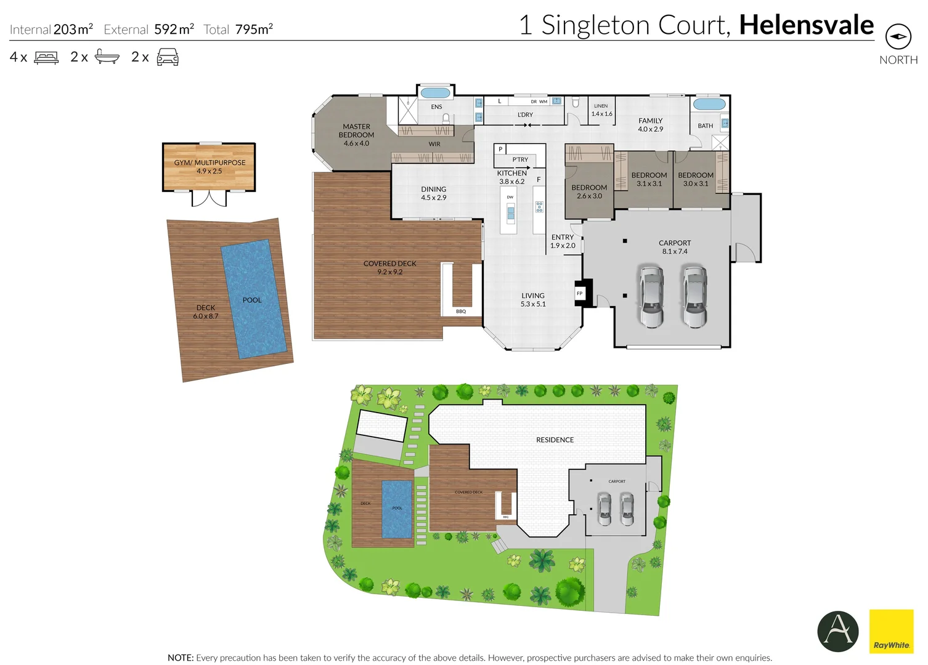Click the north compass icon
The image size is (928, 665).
(x=898, y=37)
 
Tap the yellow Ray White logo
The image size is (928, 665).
(x=891, y=631)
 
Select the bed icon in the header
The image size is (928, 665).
(x=46, y=58)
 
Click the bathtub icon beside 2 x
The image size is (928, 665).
(x=107, y=57)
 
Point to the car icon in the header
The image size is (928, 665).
(x=168, y=57)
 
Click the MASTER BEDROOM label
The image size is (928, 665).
(x=356, y=135)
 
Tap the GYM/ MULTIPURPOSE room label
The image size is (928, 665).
(x=210, y=167)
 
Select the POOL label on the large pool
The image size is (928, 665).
(x=252, y=300)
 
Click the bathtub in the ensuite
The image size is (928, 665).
(x=435, y=93)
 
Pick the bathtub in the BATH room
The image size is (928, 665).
(x=709, y=104)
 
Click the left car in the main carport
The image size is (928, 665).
(x=651, y=296)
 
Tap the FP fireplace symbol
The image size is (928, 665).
(x=580, y=294)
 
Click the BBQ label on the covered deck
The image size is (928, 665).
(x=461, y=312)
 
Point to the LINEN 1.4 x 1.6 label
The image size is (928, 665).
(x=601, y=110)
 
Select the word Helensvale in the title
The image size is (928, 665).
(x=806, y=25)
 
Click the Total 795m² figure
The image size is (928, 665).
(x=253, y=29)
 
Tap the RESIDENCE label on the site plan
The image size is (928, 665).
(x=555, y=440)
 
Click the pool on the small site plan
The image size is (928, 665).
(x=396, y=509)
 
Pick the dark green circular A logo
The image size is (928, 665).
(x=838, y=631)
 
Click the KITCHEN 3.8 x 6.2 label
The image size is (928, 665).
(x=511, y=177)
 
